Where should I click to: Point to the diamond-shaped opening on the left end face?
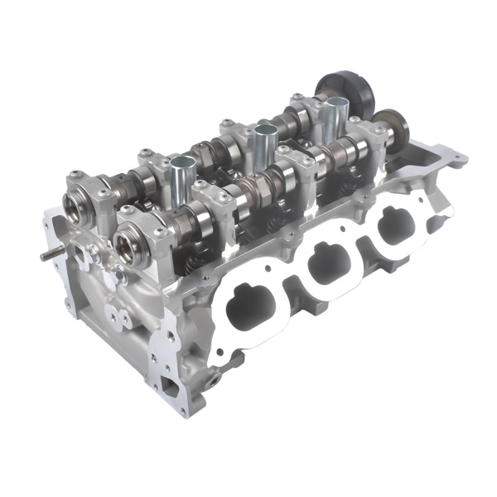tap(84, 258)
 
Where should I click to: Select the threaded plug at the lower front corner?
tap(215, 378)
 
